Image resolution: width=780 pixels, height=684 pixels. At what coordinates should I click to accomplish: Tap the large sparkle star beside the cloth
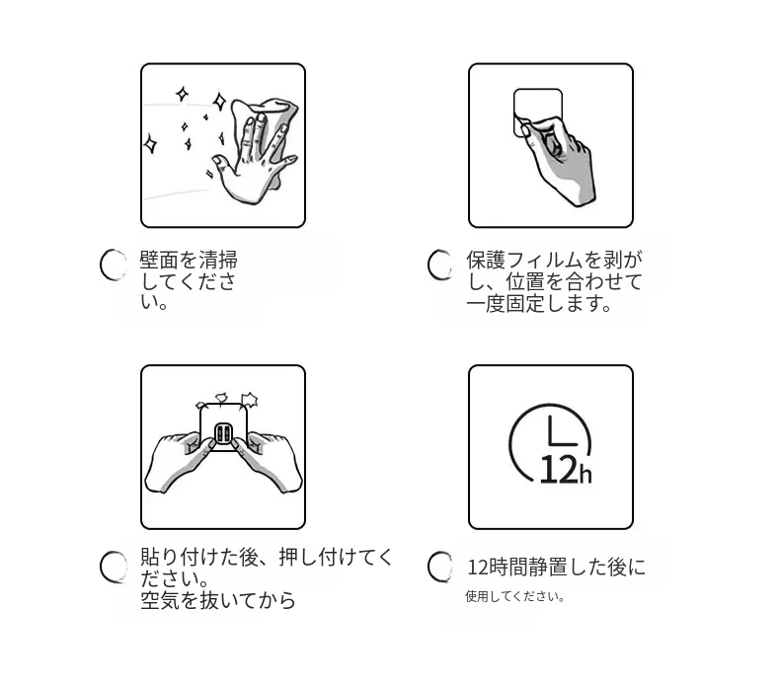click(x=219, y=101)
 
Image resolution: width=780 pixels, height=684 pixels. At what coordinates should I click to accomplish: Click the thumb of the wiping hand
click(x=221, y=163)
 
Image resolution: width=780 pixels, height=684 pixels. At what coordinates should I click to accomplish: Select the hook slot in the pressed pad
click(x=222, y=434)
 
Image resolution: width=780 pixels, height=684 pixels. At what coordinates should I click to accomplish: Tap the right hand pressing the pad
click(x=268, y=461)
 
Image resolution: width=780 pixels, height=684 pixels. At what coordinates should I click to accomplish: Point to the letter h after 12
click(x=585, y=473)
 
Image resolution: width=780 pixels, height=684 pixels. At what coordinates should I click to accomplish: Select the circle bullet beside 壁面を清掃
click(x=115, y=265)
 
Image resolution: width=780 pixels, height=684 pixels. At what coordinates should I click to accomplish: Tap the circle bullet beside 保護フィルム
click(x=440, y=265)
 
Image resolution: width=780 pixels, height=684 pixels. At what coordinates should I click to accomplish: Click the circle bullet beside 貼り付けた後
click(x=114, y=567)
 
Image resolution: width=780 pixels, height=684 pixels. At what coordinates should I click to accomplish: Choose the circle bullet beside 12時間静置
click(x=440, y=567)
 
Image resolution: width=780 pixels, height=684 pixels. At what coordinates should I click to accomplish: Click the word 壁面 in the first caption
click(x=159, y=261)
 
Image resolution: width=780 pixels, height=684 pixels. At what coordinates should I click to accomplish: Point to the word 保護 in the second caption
click(x=486, y=261)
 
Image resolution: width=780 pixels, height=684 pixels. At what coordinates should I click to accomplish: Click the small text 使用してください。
click(x=514, y=596)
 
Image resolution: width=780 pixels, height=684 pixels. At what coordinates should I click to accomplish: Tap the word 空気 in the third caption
click(x=160, y=600)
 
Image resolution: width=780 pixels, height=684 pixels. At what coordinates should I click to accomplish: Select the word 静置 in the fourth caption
click(x=548, y=568)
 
